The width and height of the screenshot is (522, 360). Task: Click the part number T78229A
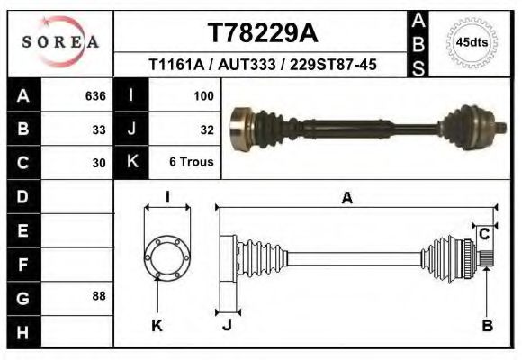pyautogui.click(x=262, y=32)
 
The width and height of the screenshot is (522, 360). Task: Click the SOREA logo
pyautogui.click(x=60, y=42)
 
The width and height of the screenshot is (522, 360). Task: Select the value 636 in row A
pyautogui.click(x=95, y=94)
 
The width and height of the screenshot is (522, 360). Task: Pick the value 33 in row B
pyautogui.click(x=99, y=129)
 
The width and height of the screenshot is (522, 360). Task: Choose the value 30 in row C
pyautogui.click(x=99, y=163)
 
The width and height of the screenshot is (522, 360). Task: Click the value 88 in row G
pyautogui.click(x=99, y=295)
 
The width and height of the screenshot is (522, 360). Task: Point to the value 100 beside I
pyautogui.click(x=202, y=94)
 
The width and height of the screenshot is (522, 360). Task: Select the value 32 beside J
pyautogui.click(x=206, y=129)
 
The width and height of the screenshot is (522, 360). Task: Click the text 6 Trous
pyautogui.click(x=191, y=163)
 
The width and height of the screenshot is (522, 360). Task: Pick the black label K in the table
pyautogui.click(x=132, y=162)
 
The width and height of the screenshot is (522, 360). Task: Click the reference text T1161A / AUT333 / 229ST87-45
pyautogui.click(x=262, y=65)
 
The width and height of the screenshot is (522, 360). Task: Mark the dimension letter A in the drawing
pyautogui.click(x=346, y=199)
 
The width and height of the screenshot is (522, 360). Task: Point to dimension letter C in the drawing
pyautogui.click(x=483, y=234)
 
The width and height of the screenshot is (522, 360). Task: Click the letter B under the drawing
pyautogui.click(x=488, y=326)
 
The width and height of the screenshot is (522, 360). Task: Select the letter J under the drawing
pyautogui.click(x=227, y=326)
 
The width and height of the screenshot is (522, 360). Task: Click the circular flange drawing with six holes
pyautogui.click(x=167, y=256)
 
